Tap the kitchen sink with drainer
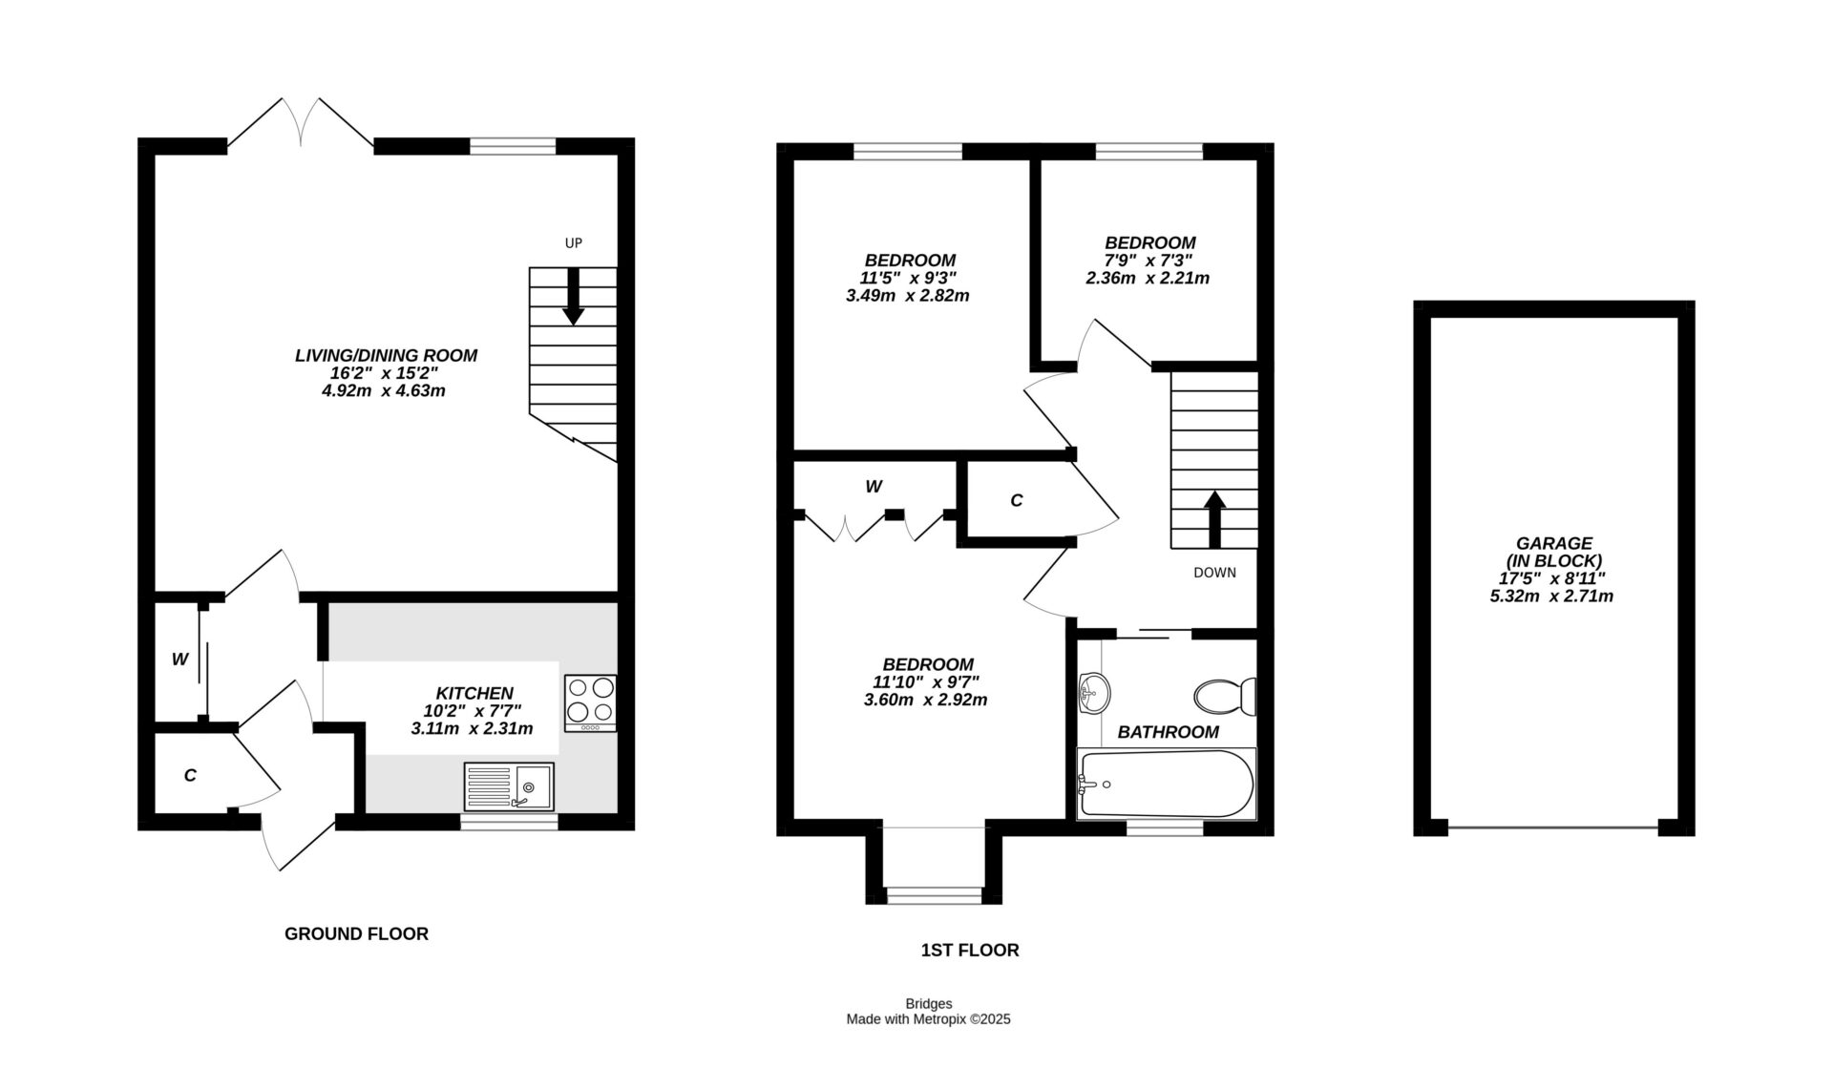pos(509,787)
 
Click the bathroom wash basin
pos(1094,691)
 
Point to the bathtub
pos(1165,785)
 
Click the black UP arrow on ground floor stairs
pos(573,296)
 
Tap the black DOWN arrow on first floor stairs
pos(1214,519)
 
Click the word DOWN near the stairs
pos(1214,573)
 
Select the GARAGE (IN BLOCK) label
pos(1553,552)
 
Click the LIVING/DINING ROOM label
pos(386,355)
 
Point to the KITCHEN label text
pos(474,693)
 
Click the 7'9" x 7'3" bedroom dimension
pos(1148,261)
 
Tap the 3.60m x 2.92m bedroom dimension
pos(925,700)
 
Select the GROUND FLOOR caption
pos(356,933)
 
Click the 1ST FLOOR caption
pos(969,950)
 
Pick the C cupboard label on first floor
pos(1016,500)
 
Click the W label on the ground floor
pos(179,659)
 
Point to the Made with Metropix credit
pos(928,1019)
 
